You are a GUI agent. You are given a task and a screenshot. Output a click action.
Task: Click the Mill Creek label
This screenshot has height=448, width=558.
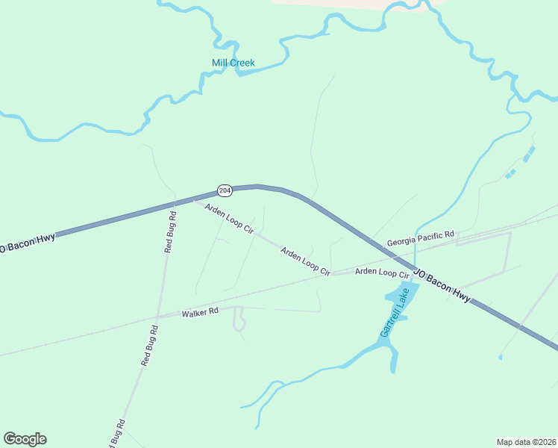coord(232,63)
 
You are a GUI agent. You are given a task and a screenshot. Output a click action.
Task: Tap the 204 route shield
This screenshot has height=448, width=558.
coord(225,191)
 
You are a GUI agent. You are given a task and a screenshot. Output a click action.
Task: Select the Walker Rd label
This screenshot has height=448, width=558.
coord(200,312)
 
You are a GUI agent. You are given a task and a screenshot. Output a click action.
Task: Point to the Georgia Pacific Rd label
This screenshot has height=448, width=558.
coord(421,240)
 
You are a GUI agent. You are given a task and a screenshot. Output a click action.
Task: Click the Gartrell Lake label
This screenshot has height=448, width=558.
coord(395,311)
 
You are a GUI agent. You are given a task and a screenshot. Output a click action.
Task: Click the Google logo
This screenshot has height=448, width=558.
coord(25,439)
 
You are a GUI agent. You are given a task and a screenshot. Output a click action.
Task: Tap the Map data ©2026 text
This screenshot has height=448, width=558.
coord(525,441)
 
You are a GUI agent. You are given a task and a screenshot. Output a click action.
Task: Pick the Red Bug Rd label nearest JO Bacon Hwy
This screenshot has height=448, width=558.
coord(171,231)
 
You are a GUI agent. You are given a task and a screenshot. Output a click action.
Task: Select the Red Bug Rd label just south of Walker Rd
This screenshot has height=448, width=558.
coord(149,345)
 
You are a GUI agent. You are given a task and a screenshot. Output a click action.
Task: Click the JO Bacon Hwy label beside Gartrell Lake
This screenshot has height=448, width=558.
coord(442,285)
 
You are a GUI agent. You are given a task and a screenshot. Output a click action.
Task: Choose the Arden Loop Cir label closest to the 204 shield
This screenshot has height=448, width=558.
coord(230,218)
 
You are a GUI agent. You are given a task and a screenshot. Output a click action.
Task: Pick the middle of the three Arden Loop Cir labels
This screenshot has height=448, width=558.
coord(305,262)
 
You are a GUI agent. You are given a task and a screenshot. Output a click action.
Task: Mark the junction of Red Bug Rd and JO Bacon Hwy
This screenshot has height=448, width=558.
coord(175,202)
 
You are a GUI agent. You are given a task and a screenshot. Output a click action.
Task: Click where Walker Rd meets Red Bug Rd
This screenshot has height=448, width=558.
coord(158,317)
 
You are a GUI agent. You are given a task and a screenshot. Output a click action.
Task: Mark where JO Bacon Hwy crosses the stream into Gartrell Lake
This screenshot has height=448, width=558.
coord(414,268)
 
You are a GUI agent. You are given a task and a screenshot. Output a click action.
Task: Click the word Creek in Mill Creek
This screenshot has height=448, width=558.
coord(242,63)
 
